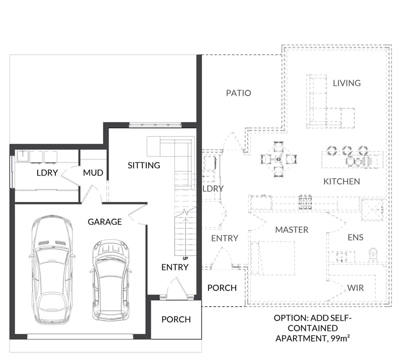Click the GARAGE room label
pyautogui.click(x=105, y=222)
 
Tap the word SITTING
pyautogui.click(x=144, y=165)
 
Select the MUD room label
pyautogui.click(x=93, y=172)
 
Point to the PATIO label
pyautogui.click(x=238, y=93)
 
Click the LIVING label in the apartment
pyautogui.click(x=347, y=83)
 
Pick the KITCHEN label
pyautogui.click(x=342, y=182)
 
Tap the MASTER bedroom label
pyautogui.click(x=292, y=230)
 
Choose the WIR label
pyautogui.click(x=356, y=288)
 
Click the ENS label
pyautogui.click(x=356, y=237)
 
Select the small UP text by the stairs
pyautogui.click(x=185, y=258)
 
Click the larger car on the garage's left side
pyautogui.click(x=52, y=269)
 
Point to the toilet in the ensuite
pyautogui.click(x=373, y=255)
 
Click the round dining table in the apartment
pyautogui.click(x=278, y=159)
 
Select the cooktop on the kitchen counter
pyautogui.click(x=306, y=202)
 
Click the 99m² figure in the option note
pyautogui.click(x=340, y=338)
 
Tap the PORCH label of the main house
pyautogui.click(x=176, y=319)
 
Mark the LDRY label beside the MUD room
pyautogui.click(x=47, y=172)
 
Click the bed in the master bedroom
pyautogui.click(x=273, y=258)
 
